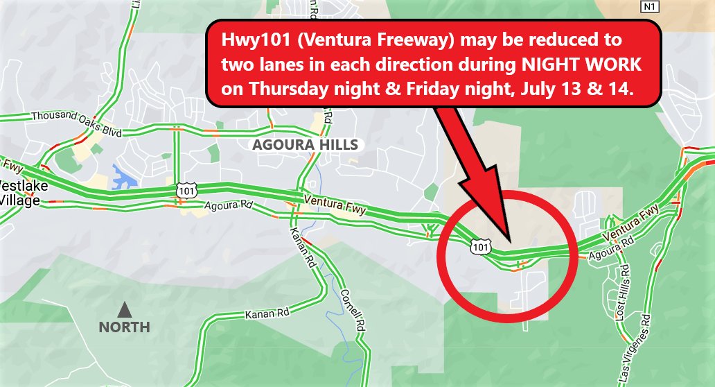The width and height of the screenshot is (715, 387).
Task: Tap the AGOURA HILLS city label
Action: (x=306, y=145)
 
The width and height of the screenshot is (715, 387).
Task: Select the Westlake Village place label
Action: (x=19, y=193)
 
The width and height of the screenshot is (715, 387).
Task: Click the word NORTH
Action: (x=124, y=327)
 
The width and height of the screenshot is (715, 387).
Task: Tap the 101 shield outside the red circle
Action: (x=187, y=189)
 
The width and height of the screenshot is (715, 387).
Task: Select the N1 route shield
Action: (x=648, y=6)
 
